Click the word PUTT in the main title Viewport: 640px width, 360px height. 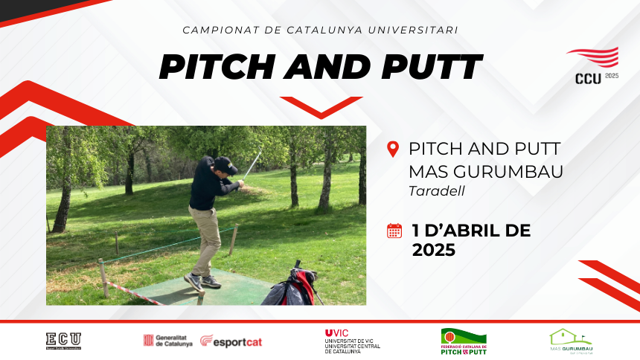(432, 67)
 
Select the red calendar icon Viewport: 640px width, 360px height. (394, 231)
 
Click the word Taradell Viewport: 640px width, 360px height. (436, 190)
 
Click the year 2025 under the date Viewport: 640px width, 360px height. (433, 251)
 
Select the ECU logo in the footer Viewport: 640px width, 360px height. (63, 341)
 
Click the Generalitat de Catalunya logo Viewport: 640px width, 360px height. (167, 341)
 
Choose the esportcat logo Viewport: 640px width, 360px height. (231, 341)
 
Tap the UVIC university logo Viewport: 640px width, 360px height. (352, 341)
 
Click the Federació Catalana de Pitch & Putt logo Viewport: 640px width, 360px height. (464, 341)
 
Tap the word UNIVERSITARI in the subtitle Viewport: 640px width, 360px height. (415, 30)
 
